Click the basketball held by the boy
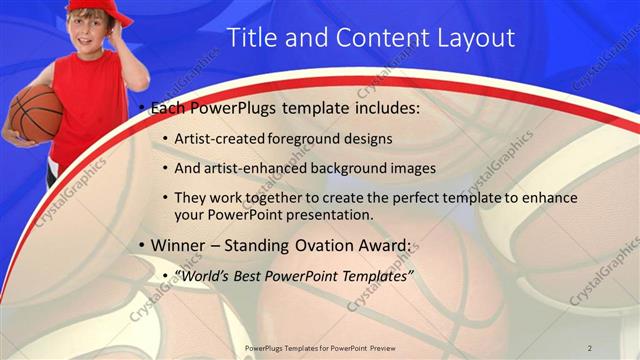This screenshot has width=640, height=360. coord(36,112)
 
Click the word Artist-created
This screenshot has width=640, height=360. coord(221,138)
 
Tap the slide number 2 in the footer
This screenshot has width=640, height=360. coord(590,347)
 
